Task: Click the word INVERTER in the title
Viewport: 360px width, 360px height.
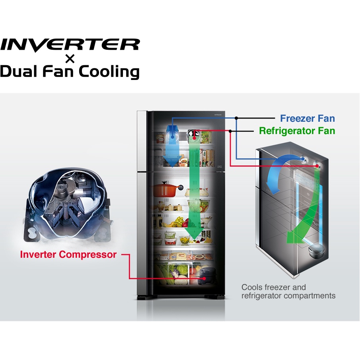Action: pyautogui.click(x=70, y=45)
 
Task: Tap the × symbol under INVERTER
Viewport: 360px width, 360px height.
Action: pyautogui.click(x=70, y=59)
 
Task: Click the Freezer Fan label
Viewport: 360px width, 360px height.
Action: pyautogui.click(x=307, y=118)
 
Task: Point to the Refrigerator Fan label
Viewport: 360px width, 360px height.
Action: pyautogui.click(x=297, y=130)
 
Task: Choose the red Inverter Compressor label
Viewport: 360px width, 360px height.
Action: pyautogui.click(x=68, y=255)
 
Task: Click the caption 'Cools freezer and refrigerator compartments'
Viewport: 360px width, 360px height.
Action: pyautogui.click(x=288, y=291)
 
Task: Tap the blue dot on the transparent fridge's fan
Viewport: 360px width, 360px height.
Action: pyautogui.click(x=304, y=159)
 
